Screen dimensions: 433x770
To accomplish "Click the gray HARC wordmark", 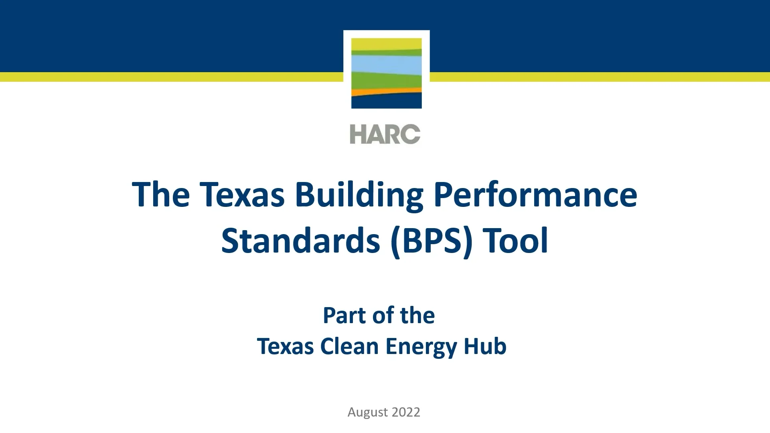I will point(385,134).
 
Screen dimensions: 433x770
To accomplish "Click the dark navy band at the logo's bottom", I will point(386,102).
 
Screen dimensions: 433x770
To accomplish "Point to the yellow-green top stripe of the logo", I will point(386,44).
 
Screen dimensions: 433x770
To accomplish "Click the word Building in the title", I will point(359,195).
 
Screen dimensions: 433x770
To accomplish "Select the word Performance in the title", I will point(535,195).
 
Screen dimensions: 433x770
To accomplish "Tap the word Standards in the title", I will point(300,241).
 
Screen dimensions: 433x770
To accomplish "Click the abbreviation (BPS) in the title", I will point(432,241).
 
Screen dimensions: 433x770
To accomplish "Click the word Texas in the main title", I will point(242,195).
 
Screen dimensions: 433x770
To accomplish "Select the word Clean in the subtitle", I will point(349,346).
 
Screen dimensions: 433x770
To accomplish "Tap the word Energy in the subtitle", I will point(421,346).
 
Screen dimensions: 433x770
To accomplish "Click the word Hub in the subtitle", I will point(485,346).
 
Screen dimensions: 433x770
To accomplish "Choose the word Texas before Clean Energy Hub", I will point(285,346).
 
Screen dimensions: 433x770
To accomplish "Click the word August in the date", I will point(367,412).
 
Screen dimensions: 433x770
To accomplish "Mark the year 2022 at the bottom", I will point(406,412).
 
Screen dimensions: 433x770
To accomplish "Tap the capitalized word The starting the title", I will point(161,195).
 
